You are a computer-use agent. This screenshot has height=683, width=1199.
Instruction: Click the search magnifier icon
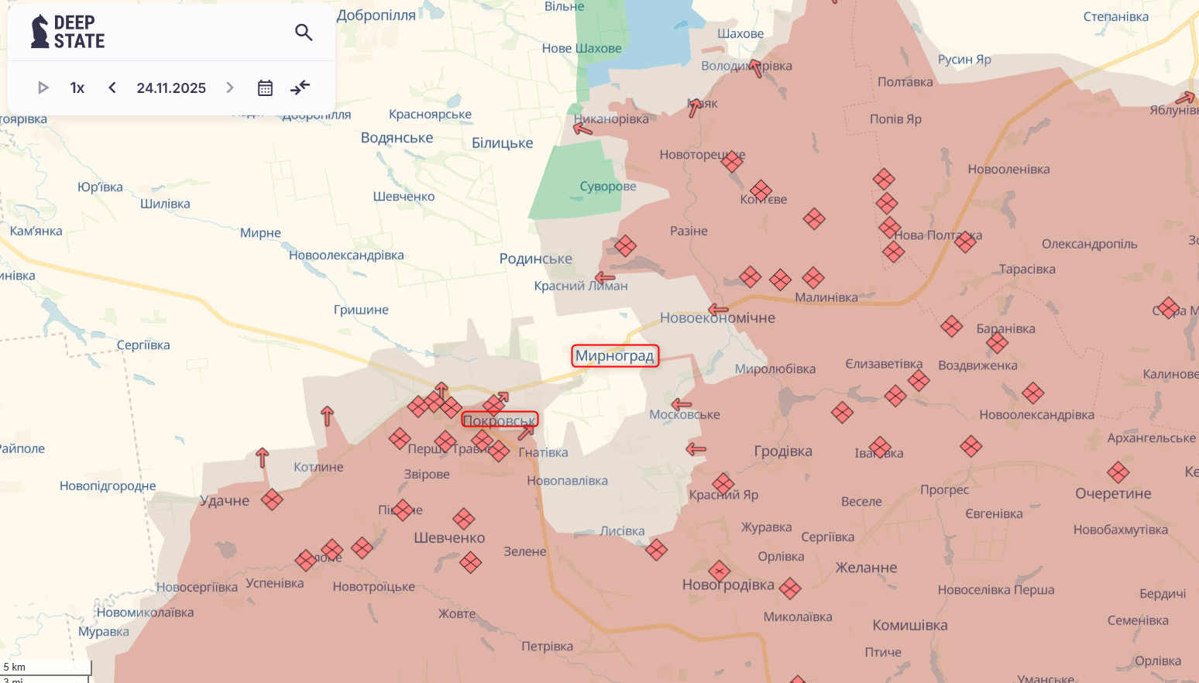click(304, 33)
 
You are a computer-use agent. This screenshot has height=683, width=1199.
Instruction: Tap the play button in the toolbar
click(43, 88)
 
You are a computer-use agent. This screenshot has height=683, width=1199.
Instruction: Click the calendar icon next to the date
click(265, 88)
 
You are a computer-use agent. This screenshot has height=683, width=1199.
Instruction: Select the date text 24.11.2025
click(171, 88)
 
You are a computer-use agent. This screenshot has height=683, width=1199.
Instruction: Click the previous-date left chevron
click(112, 88)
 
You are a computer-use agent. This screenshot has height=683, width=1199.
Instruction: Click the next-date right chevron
click(230, 88)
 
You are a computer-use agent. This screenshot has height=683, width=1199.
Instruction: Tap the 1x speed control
click(77, 88)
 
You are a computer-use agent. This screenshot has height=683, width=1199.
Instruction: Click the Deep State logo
click(68, 32)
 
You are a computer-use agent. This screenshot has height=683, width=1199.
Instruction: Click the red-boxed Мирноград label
click(615, 356)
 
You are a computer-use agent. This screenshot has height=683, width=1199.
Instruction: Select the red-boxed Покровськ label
click(500, 420)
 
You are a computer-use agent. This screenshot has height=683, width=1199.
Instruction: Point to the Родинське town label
click(536, 259)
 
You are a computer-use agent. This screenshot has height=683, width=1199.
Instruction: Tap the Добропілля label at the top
click(376, 15)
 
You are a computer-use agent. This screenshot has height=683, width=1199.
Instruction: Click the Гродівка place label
click(783, 451)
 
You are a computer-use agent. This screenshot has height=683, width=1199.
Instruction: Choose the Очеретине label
click(1113, 494)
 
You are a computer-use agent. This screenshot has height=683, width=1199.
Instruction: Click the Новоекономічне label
click(717, 318)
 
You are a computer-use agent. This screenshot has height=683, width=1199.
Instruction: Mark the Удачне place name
click(225, 501)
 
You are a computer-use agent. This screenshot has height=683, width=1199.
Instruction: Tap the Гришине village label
click(361, 310)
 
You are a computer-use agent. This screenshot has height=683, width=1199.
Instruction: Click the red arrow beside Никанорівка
click(582, 128)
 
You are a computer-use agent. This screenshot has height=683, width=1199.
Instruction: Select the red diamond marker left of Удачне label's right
click(272, 499)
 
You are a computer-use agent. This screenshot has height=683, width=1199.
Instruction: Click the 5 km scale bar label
click(15, 667)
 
